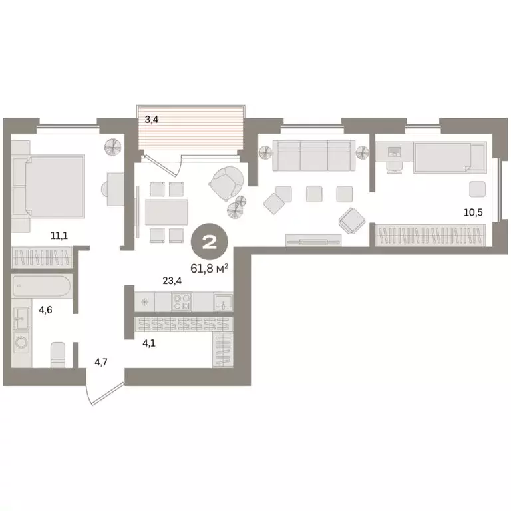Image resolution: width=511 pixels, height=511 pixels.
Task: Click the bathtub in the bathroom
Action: (41, 286)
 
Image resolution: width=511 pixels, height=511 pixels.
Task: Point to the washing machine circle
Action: (22, 344)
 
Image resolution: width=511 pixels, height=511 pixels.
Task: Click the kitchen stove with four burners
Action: (182, 302)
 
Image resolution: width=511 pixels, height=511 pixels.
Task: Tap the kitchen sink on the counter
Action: (222, 302)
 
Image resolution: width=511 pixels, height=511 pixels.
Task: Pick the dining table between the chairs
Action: (166, 212)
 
